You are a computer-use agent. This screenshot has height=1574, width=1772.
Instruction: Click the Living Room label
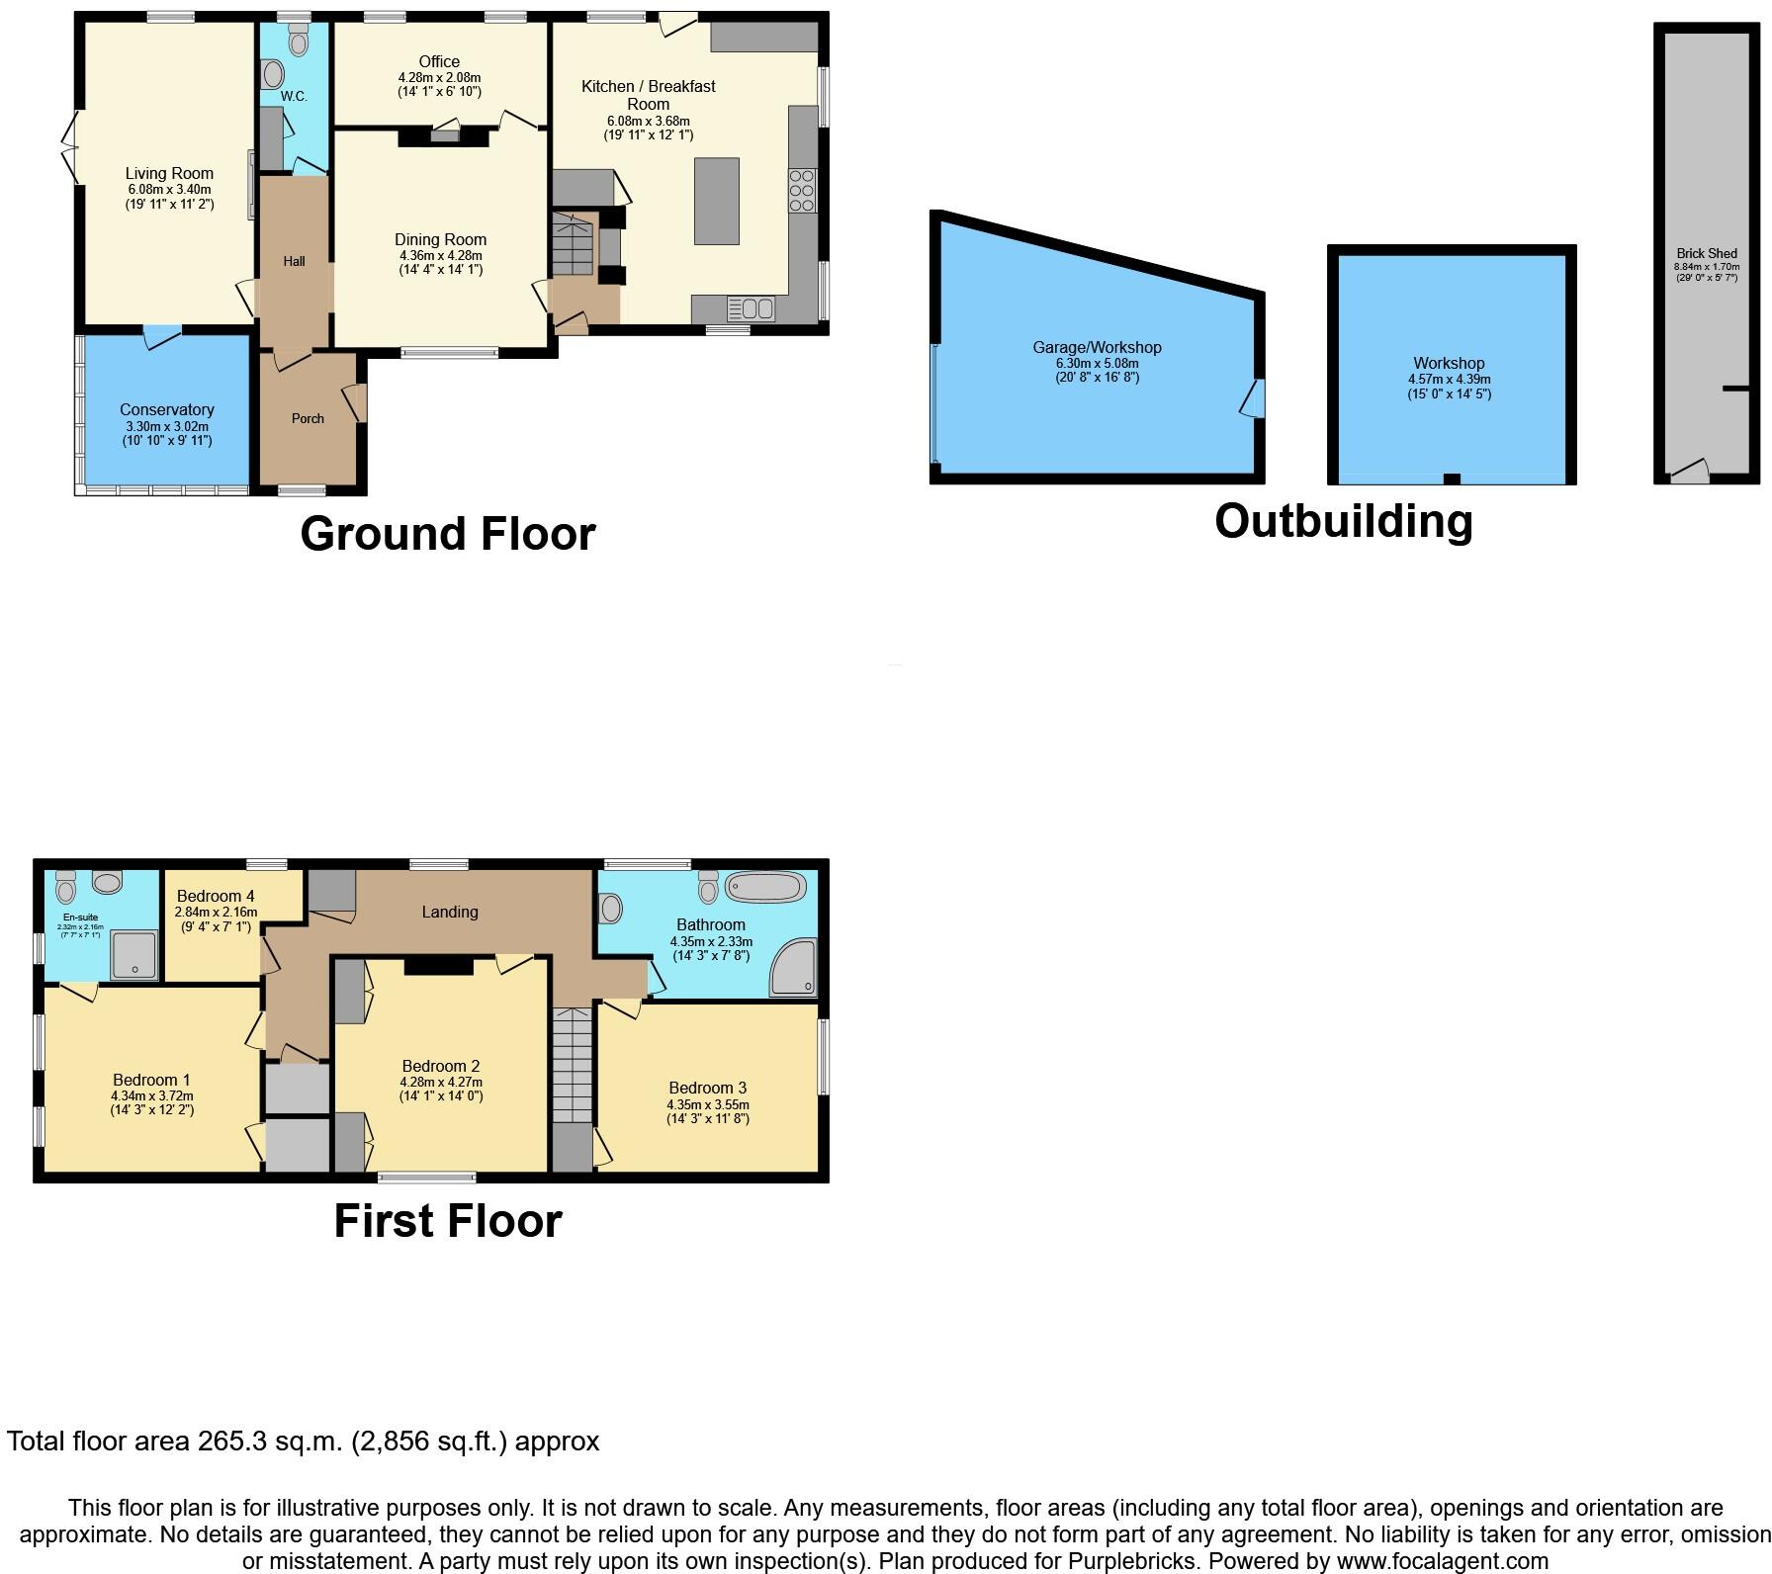coord(169,173)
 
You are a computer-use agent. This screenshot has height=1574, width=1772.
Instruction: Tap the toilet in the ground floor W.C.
coord(298,40)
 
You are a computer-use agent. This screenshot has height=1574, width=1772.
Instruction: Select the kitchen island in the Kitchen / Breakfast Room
coord(717,201)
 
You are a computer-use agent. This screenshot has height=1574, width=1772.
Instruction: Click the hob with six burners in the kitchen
coord(802,191)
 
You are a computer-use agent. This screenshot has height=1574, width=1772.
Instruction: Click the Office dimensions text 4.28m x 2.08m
coord(439,77)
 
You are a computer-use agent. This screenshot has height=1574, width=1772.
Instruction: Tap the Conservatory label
coord(167,409)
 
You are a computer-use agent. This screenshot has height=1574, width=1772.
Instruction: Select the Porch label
coord(308,418)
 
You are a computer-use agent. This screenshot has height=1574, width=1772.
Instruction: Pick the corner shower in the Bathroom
coord(795,968)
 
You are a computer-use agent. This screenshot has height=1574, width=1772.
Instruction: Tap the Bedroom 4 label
coord(216,896)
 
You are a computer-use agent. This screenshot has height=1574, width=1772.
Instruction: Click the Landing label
coord(450,912)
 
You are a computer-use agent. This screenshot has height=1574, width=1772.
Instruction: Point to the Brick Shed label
coord(1707,253)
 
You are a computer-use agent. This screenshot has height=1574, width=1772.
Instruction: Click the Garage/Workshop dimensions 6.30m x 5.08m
coord(1097,362)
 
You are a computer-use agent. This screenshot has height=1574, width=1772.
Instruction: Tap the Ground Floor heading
coord(447,534)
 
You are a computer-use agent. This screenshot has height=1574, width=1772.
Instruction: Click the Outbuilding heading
coord(1343,521)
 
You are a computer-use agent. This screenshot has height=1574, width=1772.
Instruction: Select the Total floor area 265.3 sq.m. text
coord(303,1442)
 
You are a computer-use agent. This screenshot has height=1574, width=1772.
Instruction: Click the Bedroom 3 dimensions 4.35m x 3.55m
coord(708,1104)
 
